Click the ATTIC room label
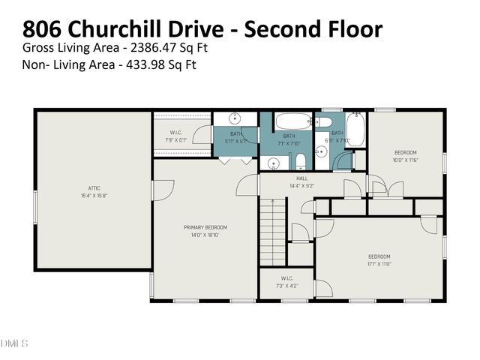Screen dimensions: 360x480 94,187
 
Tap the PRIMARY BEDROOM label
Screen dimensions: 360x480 205,227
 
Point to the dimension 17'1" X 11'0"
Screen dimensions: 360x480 379,264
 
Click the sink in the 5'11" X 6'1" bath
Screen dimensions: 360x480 235,118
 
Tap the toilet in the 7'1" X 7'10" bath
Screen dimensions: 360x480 299,160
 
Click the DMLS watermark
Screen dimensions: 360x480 14,343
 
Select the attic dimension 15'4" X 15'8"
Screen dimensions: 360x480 94,195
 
